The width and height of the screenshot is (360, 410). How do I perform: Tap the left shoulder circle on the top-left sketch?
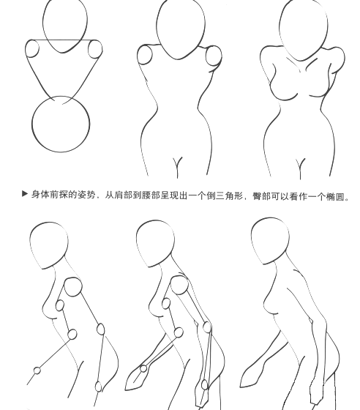click(32, 49)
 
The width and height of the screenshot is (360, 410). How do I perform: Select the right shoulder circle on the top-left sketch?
click(94, 50)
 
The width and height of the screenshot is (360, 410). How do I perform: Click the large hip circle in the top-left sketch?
click(61, 125)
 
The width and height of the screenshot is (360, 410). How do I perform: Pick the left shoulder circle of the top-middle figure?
click(145, 55)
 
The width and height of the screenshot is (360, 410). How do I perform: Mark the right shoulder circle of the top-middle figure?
click(214, 56)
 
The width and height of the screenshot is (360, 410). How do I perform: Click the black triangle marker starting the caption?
click(25, 195)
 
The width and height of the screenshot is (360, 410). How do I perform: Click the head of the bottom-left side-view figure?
click(49, 246)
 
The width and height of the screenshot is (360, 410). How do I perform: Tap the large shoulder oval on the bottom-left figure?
click(73, 286)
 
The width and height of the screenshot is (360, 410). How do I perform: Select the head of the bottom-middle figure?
click(154, 244)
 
